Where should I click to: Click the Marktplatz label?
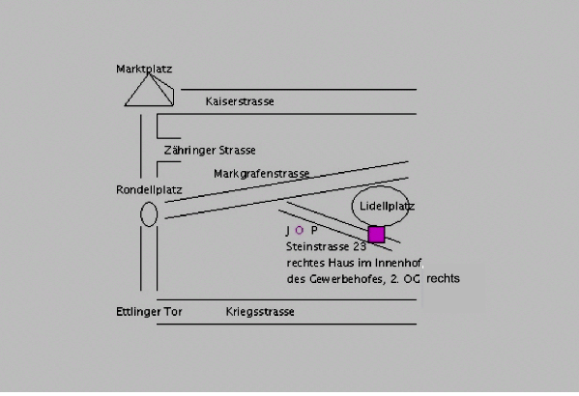[x=144, y=69]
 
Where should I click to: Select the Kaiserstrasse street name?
[x=240, y=101]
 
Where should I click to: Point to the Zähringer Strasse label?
[x=210, y=151]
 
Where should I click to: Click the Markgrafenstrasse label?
[x=261, y=174]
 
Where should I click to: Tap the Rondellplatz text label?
[x=149, y=189]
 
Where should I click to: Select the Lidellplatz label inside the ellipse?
[x=387, y=206]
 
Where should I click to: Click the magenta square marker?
[x=376, y=235]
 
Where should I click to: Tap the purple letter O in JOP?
[x=299, y=231]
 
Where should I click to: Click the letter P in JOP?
[x=314, y=231]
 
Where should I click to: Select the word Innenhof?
[x=398, y=263]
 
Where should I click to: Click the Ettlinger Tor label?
[x=149, y=312]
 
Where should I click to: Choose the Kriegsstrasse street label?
[x=260, y=312]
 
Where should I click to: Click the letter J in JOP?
[x=288, y=231]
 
